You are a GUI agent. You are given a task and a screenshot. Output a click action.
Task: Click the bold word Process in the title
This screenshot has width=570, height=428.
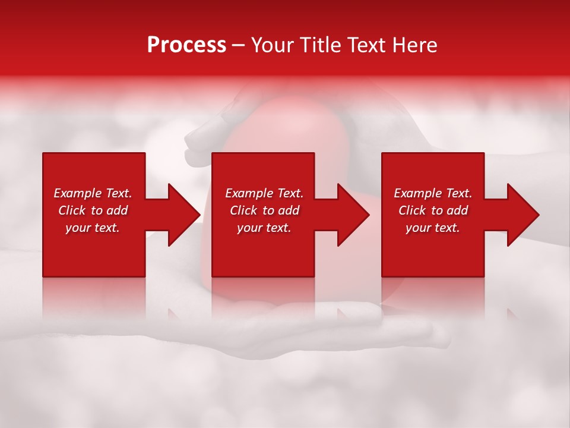(186, 45)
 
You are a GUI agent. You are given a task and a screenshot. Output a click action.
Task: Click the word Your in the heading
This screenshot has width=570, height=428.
(274, 45)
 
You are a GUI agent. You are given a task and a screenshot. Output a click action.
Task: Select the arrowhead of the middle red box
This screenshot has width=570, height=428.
(352, 215)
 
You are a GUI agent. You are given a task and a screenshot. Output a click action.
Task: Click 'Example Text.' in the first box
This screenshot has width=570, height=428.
(93, 193)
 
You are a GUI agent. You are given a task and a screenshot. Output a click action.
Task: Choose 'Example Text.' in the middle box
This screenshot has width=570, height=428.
(264, 193)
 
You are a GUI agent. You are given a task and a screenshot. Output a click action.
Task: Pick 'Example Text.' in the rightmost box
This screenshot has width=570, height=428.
(433, 193)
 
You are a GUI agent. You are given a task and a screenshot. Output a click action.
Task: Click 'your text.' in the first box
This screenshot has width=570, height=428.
(93, 228)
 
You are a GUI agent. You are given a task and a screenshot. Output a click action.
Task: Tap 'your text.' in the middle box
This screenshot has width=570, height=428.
(264, 228)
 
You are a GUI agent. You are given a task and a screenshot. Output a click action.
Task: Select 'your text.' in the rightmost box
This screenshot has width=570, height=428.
(433, 228)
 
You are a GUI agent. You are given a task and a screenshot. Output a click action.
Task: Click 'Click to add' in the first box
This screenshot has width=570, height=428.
(93, 210)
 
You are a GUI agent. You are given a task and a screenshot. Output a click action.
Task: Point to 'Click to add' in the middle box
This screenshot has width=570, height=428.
(264, 210)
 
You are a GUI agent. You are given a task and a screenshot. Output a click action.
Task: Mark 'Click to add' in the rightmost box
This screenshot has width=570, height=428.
(433, 210)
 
